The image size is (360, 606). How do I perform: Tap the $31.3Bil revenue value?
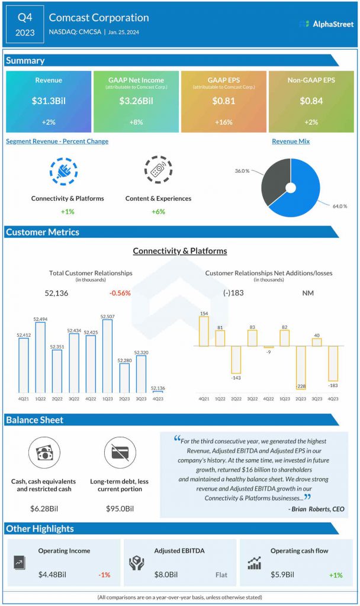click(49, 101)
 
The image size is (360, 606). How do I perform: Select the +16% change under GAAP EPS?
click(223, 122)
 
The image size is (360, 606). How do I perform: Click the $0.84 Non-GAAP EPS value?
click(311, 101)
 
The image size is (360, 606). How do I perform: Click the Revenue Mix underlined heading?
click(291, 141)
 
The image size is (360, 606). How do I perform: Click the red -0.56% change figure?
click(120, 293)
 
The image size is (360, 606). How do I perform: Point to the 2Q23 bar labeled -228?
click(301, 368)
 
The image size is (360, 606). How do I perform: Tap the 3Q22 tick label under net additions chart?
click(252, 398)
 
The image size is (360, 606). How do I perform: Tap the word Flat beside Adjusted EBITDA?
click(222, 574)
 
